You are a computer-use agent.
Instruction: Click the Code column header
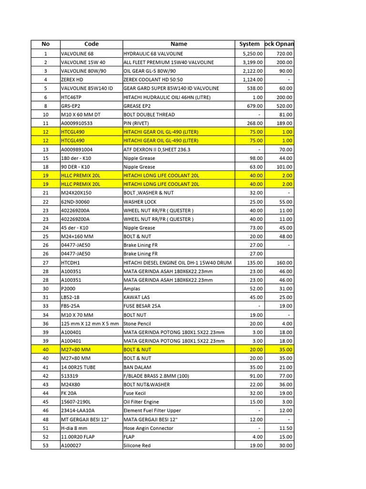91,44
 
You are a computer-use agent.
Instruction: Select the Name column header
179,44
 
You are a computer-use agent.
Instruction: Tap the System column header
250,44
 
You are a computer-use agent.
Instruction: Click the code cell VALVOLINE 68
77,54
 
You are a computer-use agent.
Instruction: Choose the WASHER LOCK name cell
140,202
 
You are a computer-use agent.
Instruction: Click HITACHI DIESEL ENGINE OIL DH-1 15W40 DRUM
177,263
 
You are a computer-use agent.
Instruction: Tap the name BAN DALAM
137,367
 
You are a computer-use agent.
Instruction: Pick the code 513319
70,376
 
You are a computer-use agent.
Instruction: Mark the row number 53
46,446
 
